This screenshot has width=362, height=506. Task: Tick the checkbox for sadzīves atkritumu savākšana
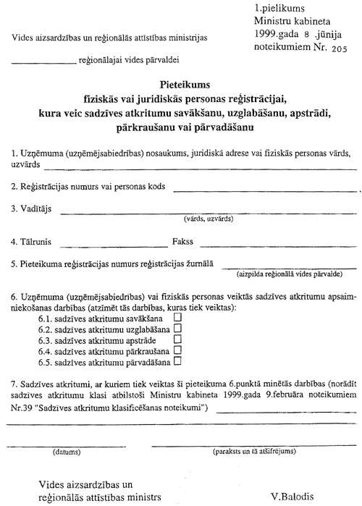[177, 316]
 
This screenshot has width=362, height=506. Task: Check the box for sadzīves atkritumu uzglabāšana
[177, 327]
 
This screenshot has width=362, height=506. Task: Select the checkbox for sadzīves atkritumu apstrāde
[177, 338]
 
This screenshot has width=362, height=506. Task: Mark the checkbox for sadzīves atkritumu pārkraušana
[177, 349]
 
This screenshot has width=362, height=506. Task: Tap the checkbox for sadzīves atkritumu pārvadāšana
[177, 360]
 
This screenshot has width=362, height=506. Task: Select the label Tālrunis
[30, 241]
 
